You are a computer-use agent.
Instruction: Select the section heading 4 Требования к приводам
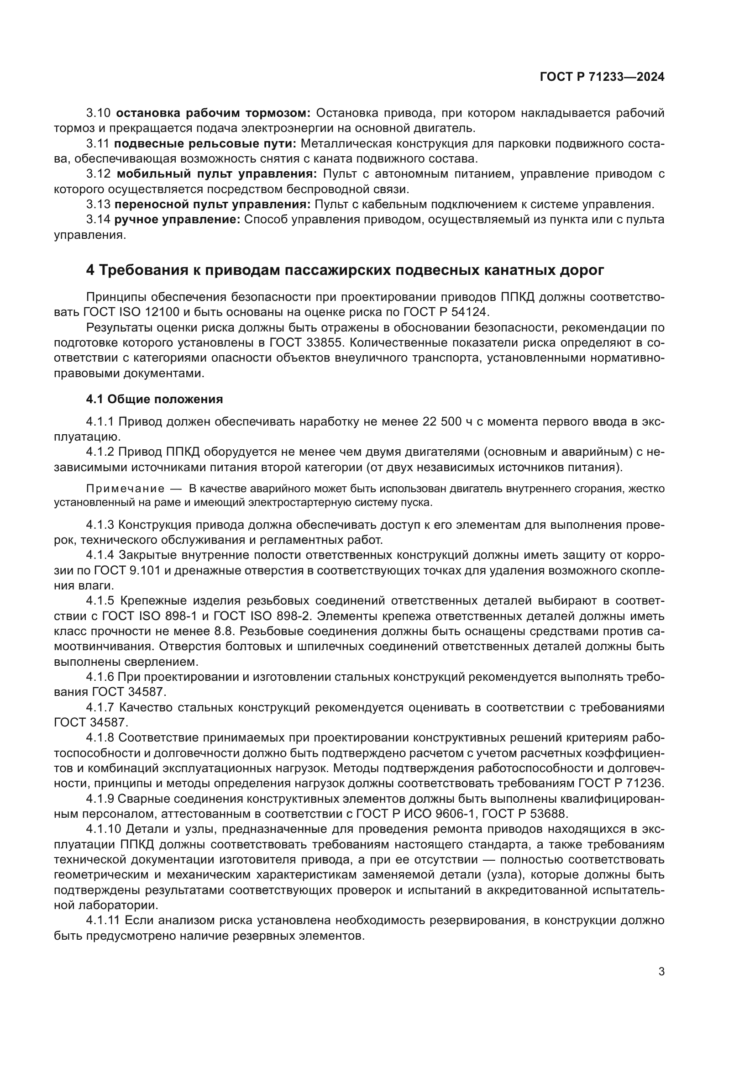tap(345, 270)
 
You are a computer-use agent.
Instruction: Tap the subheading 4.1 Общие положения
tap(154, 399)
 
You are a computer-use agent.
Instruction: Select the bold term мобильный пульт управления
tap(217, 174)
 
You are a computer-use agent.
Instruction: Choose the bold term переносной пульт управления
tap(212, 204)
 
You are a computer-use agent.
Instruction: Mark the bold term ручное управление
tap(177, 220)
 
